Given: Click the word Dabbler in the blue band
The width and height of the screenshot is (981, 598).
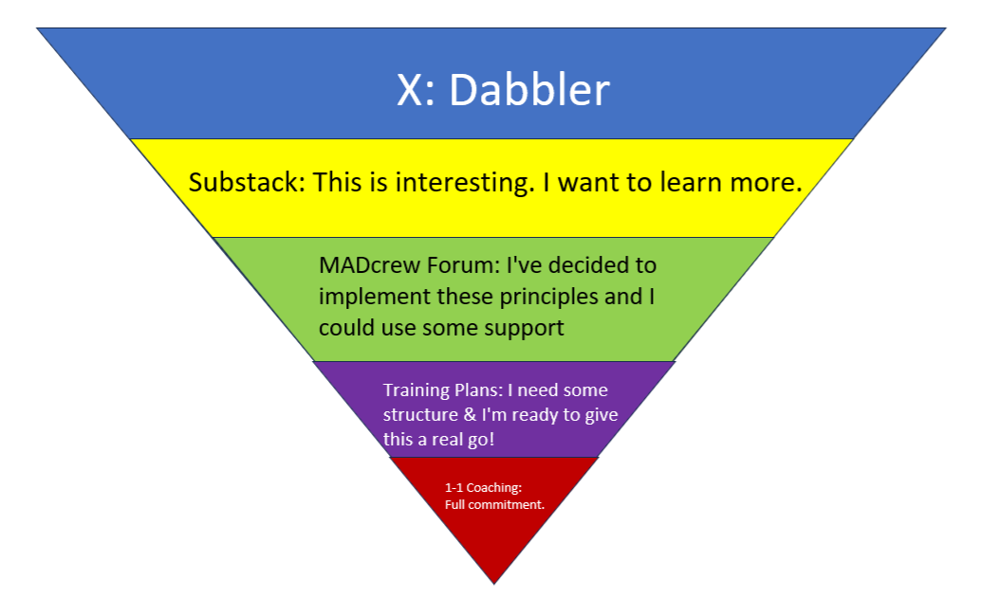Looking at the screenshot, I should pos(528,90).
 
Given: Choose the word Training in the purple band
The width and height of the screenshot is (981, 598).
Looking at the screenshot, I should pos(415,390).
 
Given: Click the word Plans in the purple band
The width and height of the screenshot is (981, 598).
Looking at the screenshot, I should pos(473,390).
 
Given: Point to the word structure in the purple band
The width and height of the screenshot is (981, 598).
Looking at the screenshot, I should pos(418,415).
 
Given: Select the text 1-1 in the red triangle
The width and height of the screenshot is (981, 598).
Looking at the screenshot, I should pos(453,488).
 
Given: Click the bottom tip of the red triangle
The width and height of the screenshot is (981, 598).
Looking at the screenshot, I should pos(494,581).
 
